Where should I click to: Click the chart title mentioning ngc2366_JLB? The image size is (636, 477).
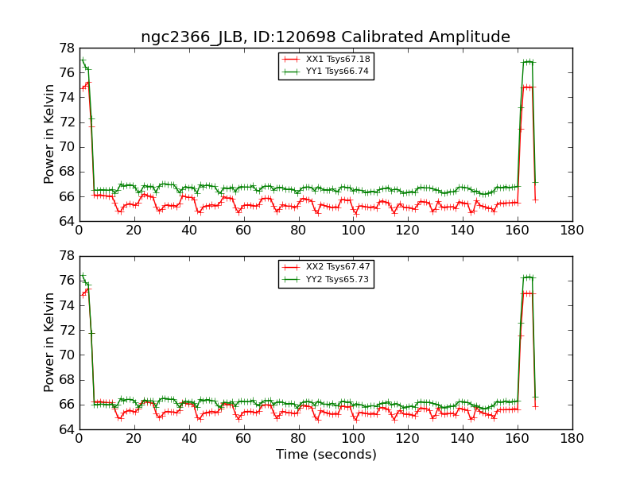point(325,37)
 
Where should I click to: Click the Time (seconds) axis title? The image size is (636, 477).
point(326,455)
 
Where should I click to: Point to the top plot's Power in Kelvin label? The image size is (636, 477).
point(49,134)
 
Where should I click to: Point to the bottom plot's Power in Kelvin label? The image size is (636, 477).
point(49,342)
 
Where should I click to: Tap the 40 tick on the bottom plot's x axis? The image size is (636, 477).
point(188,438)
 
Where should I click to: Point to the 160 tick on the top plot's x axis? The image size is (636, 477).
point(518,231)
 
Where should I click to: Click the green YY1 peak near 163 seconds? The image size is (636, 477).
point(527,61)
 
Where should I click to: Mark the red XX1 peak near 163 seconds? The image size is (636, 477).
point(527,87)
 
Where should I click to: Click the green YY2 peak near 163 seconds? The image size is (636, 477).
point(527,277)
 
